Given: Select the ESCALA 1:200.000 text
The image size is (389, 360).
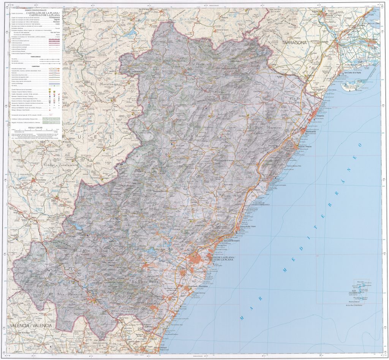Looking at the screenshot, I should [34, 127].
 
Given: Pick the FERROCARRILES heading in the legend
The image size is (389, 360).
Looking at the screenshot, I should [35, 57].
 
